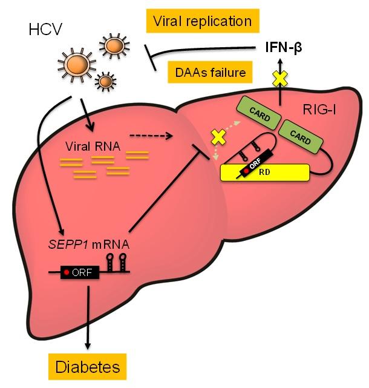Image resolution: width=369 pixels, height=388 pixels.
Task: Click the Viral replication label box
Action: (203, 22)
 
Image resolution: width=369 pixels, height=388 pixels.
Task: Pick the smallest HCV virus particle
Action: (106, 80)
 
